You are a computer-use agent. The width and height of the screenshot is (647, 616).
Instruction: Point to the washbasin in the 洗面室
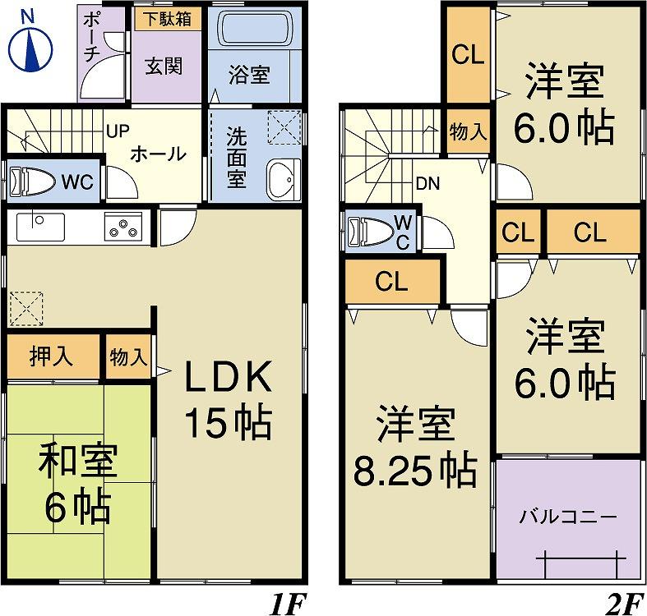coord(284,179)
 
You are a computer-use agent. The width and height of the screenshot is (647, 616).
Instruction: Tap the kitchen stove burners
coord(122,226)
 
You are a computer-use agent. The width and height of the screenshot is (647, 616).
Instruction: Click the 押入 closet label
coord(51,356)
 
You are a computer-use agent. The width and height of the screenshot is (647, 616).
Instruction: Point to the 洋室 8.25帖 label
coord(414,448)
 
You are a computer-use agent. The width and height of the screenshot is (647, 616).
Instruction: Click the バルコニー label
coord(567,517)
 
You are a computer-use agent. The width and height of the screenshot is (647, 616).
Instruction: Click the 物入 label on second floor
coord(469,132)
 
